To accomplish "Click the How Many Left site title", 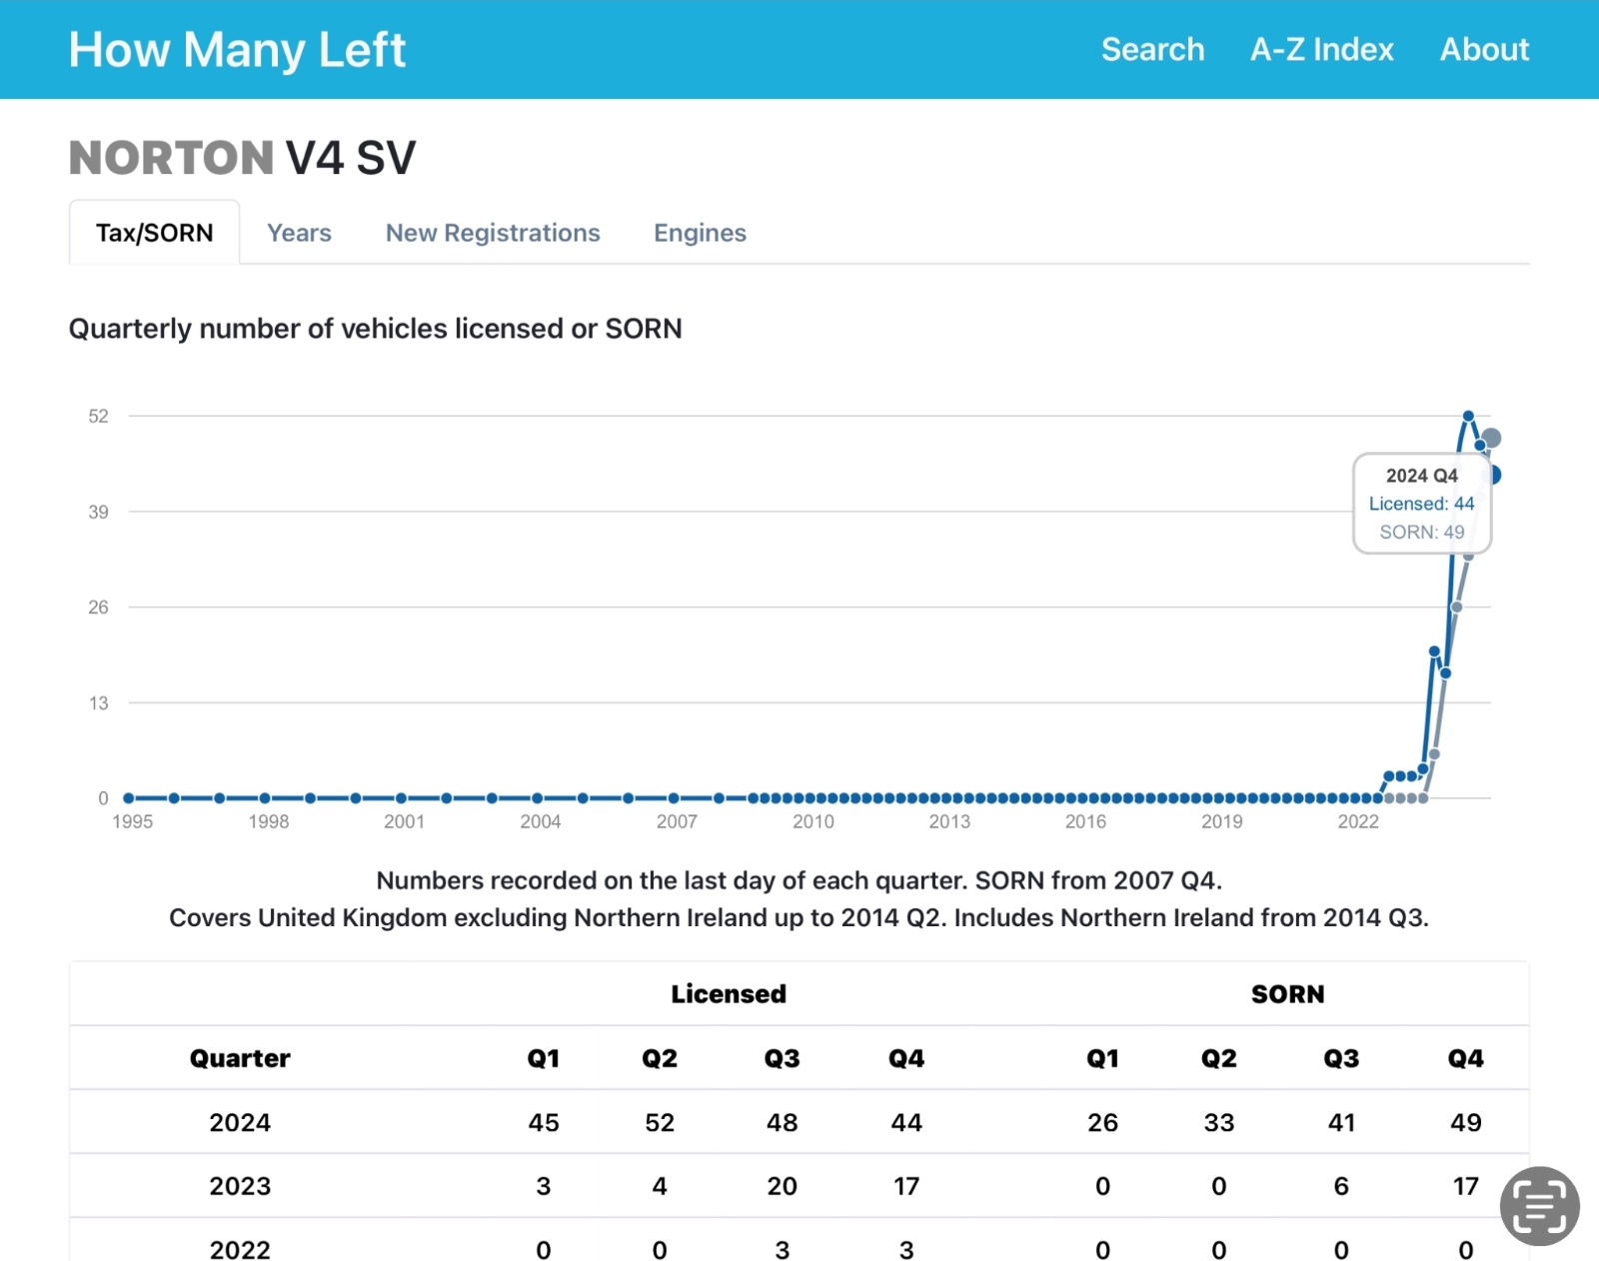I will click(x=237, y=50).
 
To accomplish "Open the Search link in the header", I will click(x=1152, y=50).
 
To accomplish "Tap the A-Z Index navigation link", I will click(x=1321, y=50).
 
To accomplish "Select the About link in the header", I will click(x=1484, y=50).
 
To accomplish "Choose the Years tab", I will click(x=299, y=233).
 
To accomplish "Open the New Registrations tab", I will click(x=493, y=233).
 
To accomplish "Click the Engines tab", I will click(x=700, y=233).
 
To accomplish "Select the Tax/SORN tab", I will click(x=155, y=233).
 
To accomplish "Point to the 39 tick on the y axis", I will click(x=98, y=512).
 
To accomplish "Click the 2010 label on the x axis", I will click(x=812, y=821).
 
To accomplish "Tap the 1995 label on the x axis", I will click(x=132, y=821).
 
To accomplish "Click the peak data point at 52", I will click(x=1468, y=416).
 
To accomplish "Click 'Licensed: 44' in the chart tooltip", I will click(x=1421, y=504).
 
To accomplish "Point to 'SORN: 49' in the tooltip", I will click(x=1421, y=532).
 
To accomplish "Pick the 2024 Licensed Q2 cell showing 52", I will click(x=660, y=1122).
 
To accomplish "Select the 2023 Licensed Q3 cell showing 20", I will click(x=782, y=1186).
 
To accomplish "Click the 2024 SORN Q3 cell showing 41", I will click(x=1341, y=1122).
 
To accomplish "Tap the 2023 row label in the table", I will click(x=240, y=1186).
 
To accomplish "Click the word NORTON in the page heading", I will click(x=171, y=158).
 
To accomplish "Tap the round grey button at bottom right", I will click(x=1539, y=1206).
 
